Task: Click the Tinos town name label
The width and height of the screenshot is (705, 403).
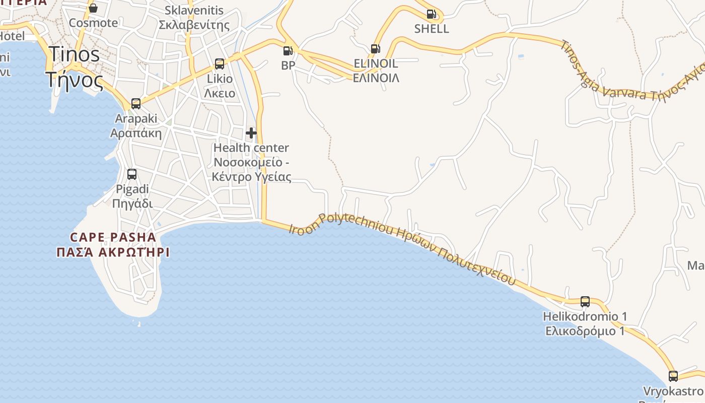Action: point(74,54)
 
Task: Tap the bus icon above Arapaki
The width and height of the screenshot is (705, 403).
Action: point(136,104)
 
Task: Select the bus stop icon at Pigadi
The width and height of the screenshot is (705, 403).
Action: point(132,174)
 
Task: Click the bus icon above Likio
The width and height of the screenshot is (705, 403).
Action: point(220,64)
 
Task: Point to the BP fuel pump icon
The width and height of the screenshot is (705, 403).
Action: point(288,50)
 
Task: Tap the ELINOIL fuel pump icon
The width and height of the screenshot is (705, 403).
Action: point(375,49)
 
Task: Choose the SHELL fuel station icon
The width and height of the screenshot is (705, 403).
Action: point(431,14)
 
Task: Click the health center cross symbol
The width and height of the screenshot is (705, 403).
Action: point(251,133)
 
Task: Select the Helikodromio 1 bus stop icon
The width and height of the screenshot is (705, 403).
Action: point(585,302)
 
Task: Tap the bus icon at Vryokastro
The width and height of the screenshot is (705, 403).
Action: point(673,376)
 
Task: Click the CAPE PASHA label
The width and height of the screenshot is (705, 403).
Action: point(113,237)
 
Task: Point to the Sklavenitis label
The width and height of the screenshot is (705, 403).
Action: point(194,10)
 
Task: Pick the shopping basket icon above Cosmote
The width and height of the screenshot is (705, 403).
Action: point(93,8)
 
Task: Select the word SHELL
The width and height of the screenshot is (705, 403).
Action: point(432,29)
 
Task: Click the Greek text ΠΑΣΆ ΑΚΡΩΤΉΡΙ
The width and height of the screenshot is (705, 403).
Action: point(113,252)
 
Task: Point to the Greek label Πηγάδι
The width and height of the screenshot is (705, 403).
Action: point(132,204)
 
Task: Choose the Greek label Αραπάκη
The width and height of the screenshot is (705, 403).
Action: point(136,133)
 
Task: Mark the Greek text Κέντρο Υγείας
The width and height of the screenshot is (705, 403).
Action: point(251,177)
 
